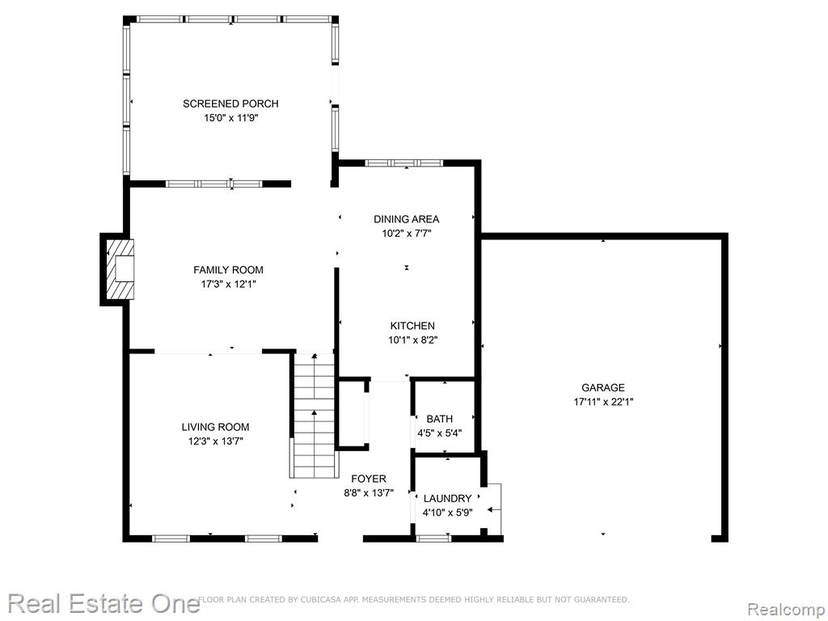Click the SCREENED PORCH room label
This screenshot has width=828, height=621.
[230, 103]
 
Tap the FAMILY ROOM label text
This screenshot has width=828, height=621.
[228, 270]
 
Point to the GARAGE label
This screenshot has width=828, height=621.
[603, 387]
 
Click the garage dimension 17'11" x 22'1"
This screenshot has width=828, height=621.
[603, 402]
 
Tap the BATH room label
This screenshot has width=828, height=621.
[439, 419]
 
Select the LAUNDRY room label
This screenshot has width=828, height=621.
[447, 498]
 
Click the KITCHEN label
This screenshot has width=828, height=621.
[412, 326]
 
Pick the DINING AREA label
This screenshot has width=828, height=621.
[406, 219]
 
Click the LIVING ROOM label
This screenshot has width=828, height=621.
[215, 427]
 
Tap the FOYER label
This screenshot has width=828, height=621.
[369, 479]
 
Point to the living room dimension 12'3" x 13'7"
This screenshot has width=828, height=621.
[215, 441]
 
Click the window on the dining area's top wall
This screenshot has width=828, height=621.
[404, 163]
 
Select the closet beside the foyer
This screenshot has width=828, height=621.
[353, 414]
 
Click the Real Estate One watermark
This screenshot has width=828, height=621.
[103, 603]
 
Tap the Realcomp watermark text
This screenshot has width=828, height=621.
[786, 610]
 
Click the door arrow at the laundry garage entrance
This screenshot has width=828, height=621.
[494, 509]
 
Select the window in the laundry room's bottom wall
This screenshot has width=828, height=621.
[433, 539]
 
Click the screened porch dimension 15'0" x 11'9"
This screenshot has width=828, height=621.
[230, 118]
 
